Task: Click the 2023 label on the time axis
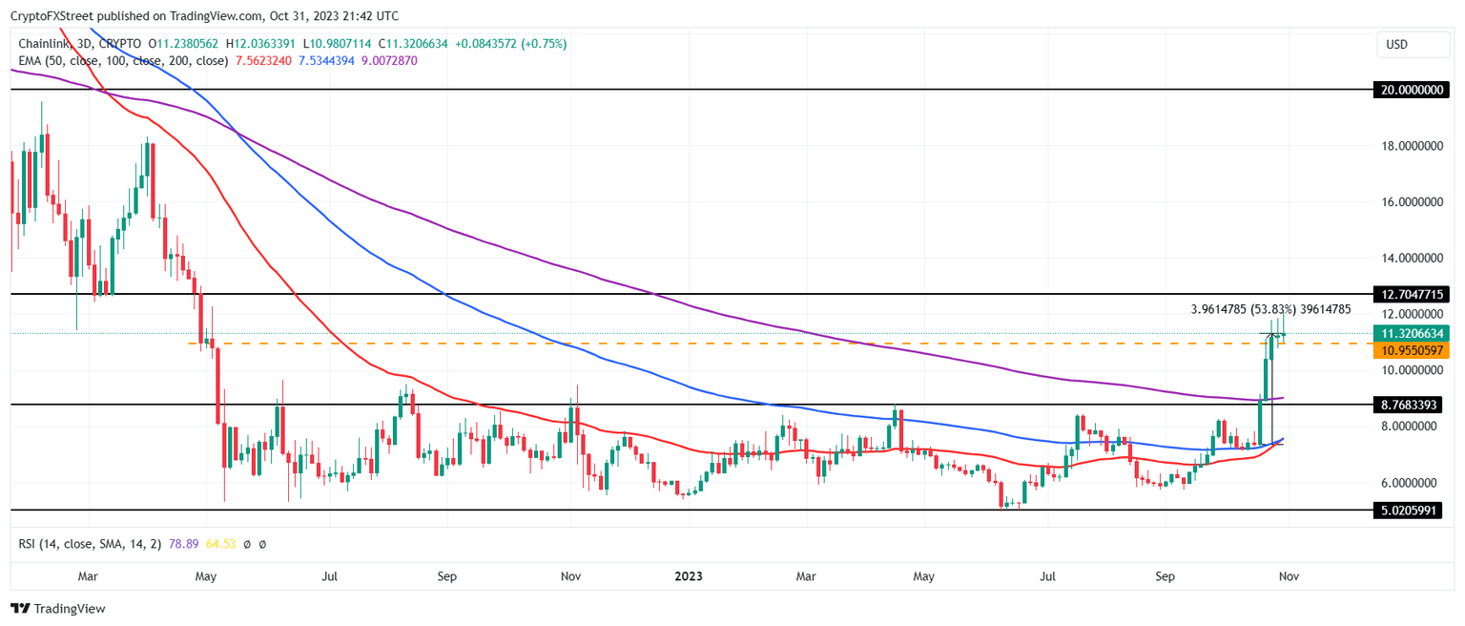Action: [x=689, y=576]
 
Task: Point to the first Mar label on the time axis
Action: [x=88, y=576]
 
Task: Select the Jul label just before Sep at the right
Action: [x=1048, y=576]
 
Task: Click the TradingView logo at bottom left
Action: [x=58, y=609]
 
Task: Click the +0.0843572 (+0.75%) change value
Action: [x=510, y=44]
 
